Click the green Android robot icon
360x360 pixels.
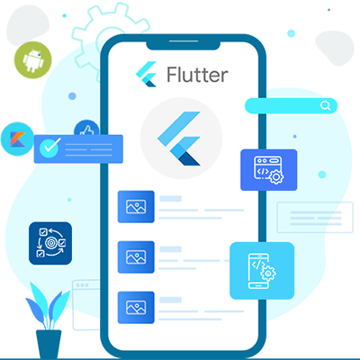click(x=33, y=60)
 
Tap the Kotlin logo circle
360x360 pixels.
click(x=17, y=139)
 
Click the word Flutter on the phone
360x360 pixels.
click(x=197, y=75)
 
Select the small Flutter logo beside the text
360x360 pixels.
click(x=147, y=74)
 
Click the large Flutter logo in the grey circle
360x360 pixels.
click(x=179, y=139)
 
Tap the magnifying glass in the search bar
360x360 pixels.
click(x=326, y=105)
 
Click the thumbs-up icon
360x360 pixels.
click(x=86, y=130)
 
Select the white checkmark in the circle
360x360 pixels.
click(x=49, y=147)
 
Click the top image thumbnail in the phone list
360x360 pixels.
click(x=136, y=207)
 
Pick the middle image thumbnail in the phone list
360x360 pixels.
click(x=136, y=257)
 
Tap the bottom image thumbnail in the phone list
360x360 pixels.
click(x=136, y=308)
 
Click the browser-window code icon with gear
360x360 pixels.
click(x=269, y=170)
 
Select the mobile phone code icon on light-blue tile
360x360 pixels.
click(x=262, y=271)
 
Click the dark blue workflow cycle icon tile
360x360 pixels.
click(x=50, y=243)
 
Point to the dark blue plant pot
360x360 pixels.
click(x=49, y=344)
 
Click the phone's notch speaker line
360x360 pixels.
click(x=184, y=40)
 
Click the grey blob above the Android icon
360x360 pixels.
click(x=27, y=24)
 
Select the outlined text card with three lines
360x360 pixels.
click(x=315, y=218)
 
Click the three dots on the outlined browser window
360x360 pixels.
click(x=82, y=285)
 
